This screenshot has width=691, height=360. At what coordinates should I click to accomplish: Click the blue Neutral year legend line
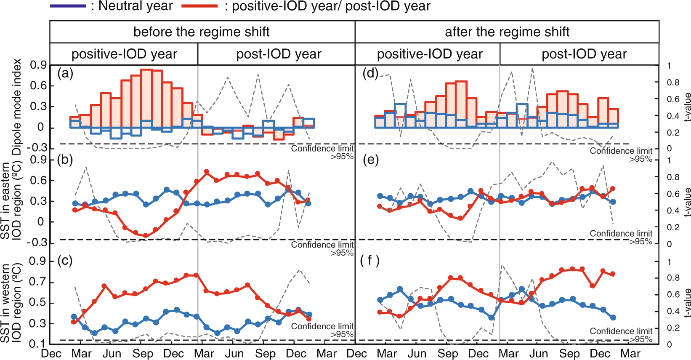[68, 6]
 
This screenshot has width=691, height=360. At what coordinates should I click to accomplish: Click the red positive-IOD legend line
[199, 6]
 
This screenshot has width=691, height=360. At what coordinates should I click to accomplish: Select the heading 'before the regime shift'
[201, 32]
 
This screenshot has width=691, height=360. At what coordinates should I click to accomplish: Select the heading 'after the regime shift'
[507, 32]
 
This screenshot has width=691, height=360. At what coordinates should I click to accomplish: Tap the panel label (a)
[65, 74]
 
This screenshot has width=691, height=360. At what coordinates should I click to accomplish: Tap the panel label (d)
[370, 74]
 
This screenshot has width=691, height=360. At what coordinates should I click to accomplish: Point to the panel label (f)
[370, 260]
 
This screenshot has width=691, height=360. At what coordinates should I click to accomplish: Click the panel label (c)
[65, 260]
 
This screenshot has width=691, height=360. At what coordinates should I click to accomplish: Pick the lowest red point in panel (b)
[146, 236]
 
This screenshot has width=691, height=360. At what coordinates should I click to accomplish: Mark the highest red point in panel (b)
[206, 172]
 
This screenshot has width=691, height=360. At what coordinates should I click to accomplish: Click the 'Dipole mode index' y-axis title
[17, 107]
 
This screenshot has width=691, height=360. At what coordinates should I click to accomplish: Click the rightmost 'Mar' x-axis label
[630, 354]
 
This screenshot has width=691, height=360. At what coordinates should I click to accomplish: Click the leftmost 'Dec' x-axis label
[51, 354]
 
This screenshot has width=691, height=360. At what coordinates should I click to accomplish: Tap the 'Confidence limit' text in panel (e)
[621, 234]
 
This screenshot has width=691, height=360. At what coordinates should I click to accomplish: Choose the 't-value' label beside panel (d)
[687, 107]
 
